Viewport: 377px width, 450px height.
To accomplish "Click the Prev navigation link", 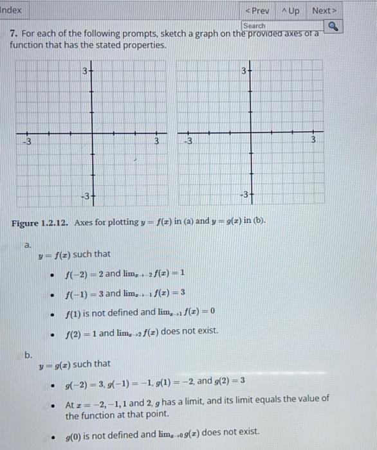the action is (257, 11).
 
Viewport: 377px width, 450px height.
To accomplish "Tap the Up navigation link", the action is (290, 11).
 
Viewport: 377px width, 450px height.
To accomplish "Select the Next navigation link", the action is (324, 11).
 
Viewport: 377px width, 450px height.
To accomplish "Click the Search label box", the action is (254, 26).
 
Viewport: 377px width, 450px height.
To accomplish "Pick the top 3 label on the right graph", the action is (244, 70).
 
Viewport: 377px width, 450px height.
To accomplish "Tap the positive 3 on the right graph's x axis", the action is (313, 140).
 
